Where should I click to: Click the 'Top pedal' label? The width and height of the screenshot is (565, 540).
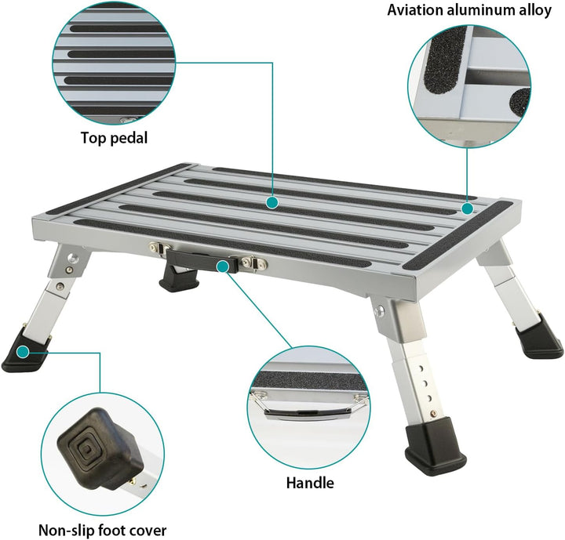click(x=114, y=138)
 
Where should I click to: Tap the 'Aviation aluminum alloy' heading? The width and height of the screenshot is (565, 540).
click(x=469, y=10)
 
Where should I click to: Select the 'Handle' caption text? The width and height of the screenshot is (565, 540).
click(x=310, y=483)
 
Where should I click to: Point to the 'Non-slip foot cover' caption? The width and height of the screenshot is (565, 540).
click(x=102, y=531)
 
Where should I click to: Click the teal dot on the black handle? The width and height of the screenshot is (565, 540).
click(x=223, y=266)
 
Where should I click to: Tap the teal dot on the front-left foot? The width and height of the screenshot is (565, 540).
click(x=23, y=352)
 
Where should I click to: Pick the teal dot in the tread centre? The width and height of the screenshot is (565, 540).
click(x=272, y=203)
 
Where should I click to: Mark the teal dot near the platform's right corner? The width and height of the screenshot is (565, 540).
click(x=468, y=208)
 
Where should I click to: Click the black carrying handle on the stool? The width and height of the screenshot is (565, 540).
click(x=202, y=261)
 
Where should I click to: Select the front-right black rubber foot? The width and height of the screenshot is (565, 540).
click(x=436, y=446)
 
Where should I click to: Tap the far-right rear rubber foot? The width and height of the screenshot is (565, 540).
click(x=538, y=336)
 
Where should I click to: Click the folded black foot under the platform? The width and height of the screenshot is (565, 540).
click(x=179, y=277)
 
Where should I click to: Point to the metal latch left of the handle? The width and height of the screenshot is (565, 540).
click(x=160, y=248)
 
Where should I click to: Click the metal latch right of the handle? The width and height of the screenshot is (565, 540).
click(x=255, y=263)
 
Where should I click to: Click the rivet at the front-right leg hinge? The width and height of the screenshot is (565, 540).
click(x=379, y=310)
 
